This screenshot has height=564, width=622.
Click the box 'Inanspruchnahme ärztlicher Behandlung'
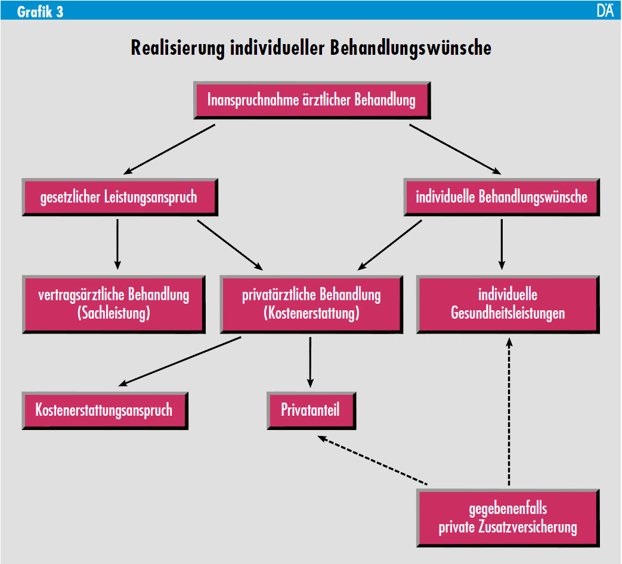tap(311, 99)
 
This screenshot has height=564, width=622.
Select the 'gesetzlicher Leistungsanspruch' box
tap(119, 197)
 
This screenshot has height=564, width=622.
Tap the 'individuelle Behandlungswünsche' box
tap(501, 197)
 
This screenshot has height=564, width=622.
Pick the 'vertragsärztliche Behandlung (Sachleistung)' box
tap(113, 304)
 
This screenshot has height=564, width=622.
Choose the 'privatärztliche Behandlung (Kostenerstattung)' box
tap(311, 304)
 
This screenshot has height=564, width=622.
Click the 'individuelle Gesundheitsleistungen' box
tap(507, 304)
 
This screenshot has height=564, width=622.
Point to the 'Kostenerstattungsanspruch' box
tap(104, 410)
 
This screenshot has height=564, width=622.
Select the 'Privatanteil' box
tap(311, 410)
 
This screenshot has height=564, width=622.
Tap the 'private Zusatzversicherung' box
tap(507, 518)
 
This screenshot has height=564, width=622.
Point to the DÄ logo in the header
tap(605, 11)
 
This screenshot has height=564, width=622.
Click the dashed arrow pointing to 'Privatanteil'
tap(373, 460)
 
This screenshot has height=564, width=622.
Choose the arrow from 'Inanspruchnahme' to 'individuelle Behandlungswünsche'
tap(454, 149)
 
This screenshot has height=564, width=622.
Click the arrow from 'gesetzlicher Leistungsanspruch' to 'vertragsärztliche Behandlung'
tap(117, 244)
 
